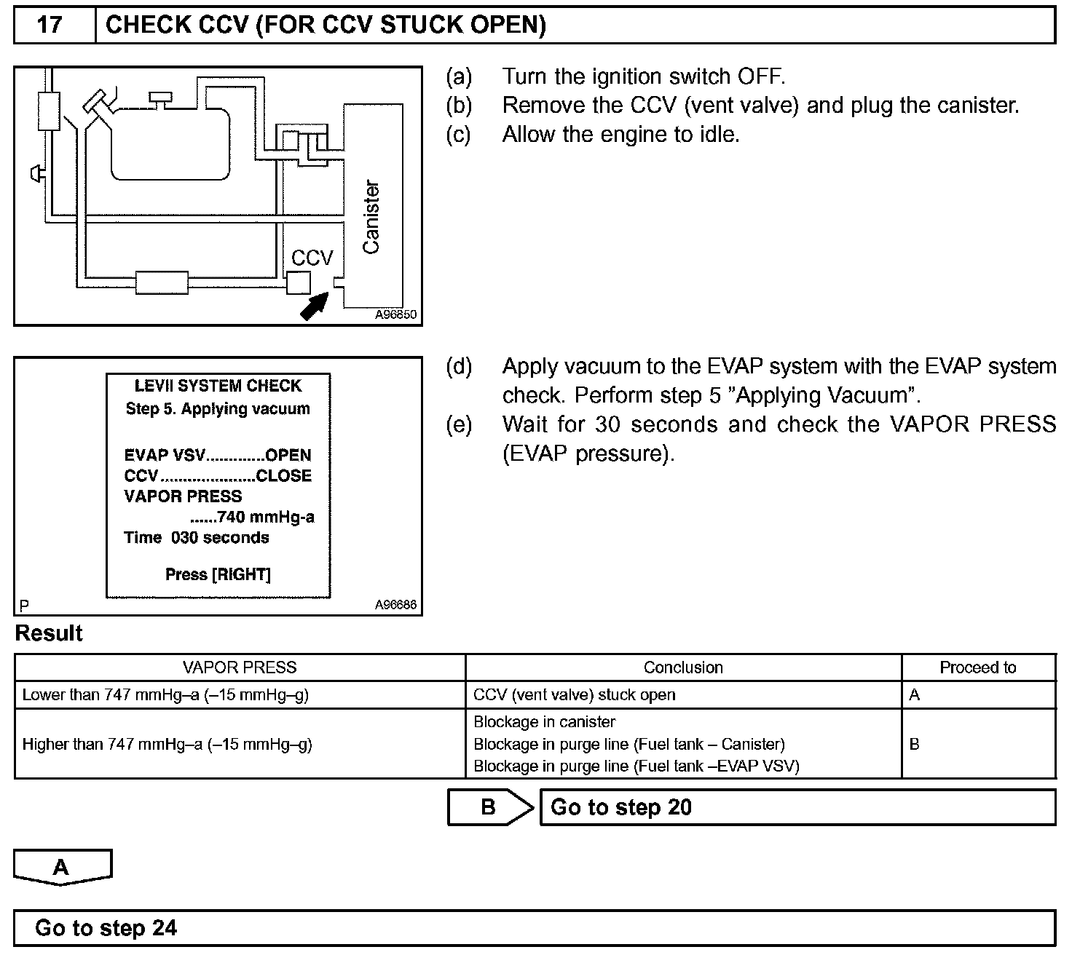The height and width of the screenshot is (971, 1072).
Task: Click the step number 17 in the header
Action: (50, 25)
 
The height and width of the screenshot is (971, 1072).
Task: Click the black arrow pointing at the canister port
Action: (314, 306)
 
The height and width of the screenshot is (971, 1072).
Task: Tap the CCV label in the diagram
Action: (312, 258)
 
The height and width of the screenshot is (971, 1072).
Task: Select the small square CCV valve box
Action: (299, 282)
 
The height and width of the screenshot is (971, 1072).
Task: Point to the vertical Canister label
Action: (371, 217)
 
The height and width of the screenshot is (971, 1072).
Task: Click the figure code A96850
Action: (396, 314)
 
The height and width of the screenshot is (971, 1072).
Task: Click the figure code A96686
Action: (396, 604)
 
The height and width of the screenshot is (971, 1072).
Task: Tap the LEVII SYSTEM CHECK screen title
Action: (218, 386)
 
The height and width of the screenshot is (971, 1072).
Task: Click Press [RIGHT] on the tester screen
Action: (218, 574)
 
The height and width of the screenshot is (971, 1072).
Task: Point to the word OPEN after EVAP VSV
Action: (288, 456)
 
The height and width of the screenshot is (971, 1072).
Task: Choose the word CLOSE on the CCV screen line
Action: (284, 476)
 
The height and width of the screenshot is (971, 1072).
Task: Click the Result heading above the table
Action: (49, 633)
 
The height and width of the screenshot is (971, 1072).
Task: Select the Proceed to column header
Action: (977, 667)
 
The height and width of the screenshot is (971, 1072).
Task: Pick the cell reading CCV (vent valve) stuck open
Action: (574, 695)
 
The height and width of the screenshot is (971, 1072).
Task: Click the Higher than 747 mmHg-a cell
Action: (167, 744)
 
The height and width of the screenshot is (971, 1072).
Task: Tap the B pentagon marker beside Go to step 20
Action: (489, 807)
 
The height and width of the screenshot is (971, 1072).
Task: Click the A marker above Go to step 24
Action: (62, 867)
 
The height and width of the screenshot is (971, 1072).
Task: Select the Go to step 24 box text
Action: (106, 928)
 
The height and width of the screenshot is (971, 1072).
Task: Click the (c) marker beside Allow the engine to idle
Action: (459, 135)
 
